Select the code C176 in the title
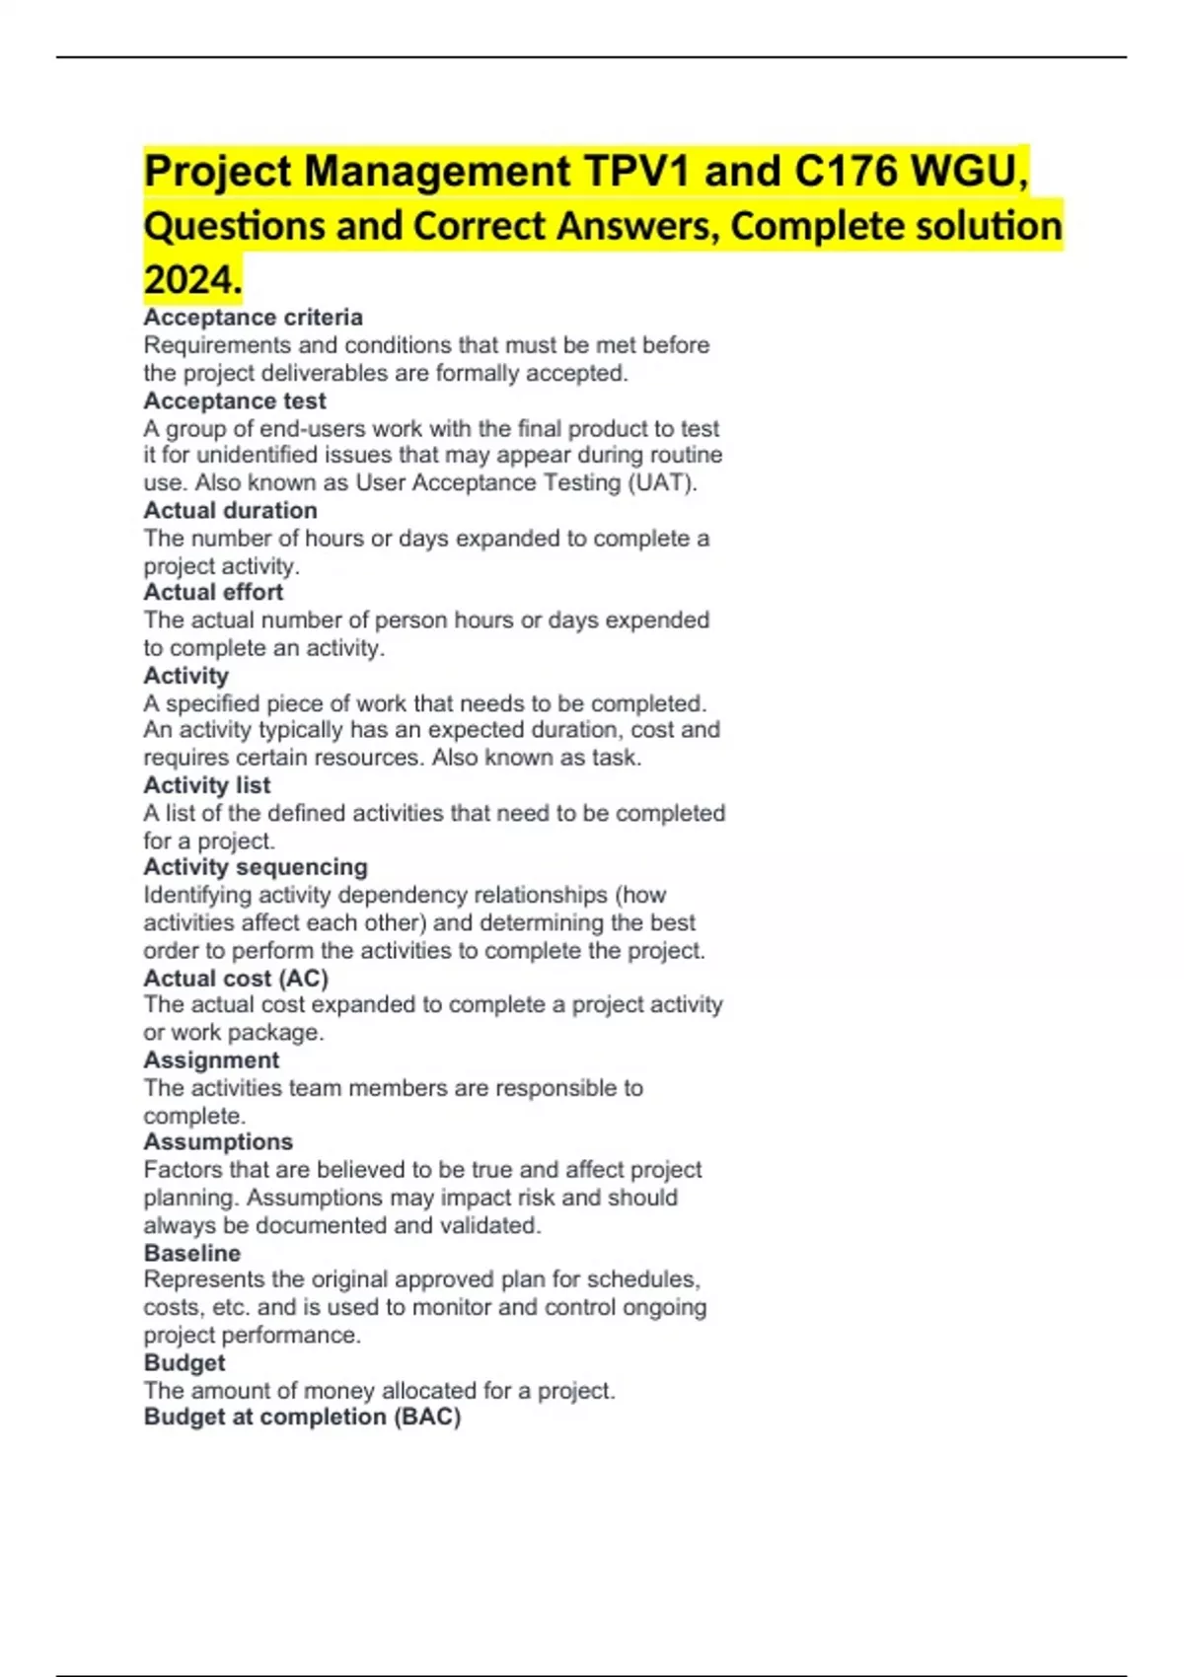coord(846,172)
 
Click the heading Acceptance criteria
coord(253,318)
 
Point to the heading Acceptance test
coord(235,401)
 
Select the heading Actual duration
coord(230,511)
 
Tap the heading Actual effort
coord(213,592)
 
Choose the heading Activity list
coord(206,785)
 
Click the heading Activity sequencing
coord(256,867)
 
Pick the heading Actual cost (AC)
coord(236,979)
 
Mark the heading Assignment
coord(211,1060)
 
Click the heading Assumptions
coord(218,1142)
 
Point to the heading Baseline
coord(192,1253)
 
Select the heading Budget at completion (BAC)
coord(302,1418)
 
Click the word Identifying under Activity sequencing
coord(197,896)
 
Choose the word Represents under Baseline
coord(204,1279)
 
